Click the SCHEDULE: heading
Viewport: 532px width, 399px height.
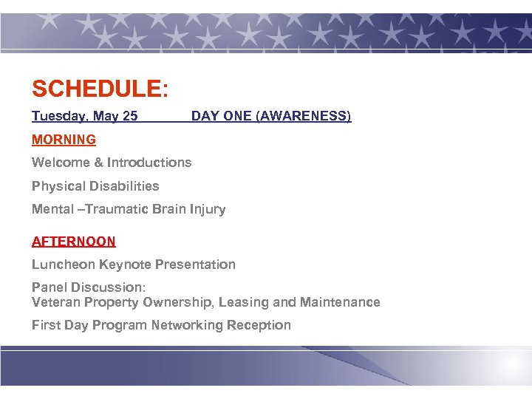[x=100, y=89]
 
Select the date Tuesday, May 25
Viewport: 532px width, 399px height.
[x=84, y=116]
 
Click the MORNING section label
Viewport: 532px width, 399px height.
[x=64, y=140]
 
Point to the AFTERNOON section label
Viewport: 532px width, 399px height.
[x=74, y=242]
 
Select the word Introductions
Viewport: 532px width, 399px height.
[x=149, y=163]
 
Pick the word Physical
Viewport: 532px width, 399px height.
[x=57, y=186]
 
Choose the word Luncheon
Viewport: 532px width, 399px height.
[x=64, y=265]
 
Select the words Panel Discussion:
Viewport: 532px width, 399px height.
[x=89, y=287]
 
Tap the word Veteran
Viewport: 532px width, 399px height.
[x=56, y=302]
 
